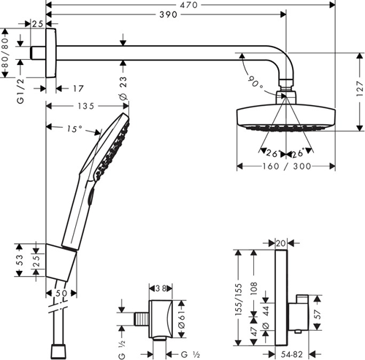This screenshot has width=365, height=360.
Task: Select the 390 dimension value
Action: (169, 15)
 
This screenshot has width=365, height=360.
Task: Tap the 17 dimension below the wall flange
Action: (77, 88)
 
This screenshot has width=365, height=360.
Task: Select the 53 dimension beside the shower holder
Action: (20, 258)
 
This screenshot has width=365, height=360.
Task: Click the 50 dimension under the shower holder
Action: (61, 293)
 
